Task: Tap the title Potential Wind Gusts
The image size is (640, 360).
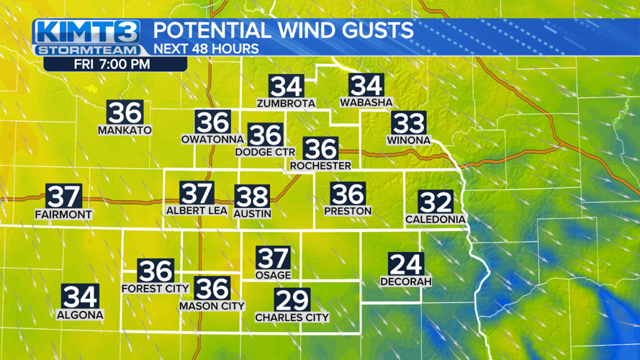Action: pos(284,31)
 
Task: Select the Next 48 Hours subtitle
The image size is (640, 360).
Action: pos(207,49)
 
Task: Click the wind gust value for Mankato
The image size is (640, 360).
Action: pos(125,113)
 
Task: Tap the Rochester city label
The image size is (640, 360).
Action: pos(320,166)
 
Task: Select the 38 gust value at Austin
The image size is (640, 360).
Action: pos(252,196)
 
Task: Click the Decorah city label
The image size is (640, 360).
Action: pos(406,282)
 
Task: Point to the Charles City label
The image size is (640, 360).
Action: pos(292,317)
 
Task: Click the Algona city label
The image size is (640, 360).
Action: pos(80,315)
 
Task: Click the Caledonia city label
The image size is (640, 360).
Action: pos(436,219)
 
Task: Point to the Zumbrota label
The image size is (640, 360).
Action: pos(287,103)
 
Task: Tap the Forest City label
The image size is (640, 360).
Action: pos(155,289)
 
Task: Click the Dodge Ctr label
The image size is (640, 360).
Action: pos(265,152)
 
